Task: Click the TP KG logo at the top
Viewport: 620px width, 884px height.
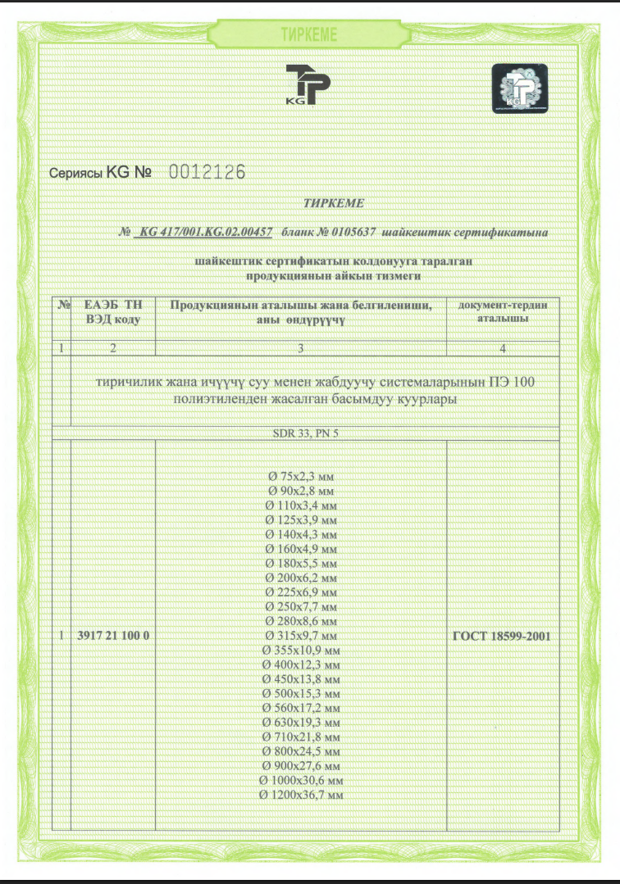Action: point(308,84)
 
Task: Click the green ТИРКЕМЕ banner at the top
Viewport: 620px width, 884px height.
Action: point(308,34)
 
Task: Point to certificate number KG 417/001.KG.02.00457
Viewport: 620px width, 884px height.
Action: point(206,233)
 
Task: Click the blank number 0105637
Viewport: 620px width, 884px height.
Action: point(352,233)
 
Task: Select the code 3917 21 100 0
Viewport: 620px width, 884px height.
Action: point(112,635)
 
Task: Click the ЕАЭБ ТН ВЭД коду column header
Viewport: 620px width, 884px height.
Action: point(113,312)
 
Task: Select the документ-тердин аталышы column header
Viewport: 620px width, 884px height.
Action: point(503,311)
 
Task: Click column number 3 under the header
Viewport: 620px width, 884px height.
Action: point(301,348)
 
